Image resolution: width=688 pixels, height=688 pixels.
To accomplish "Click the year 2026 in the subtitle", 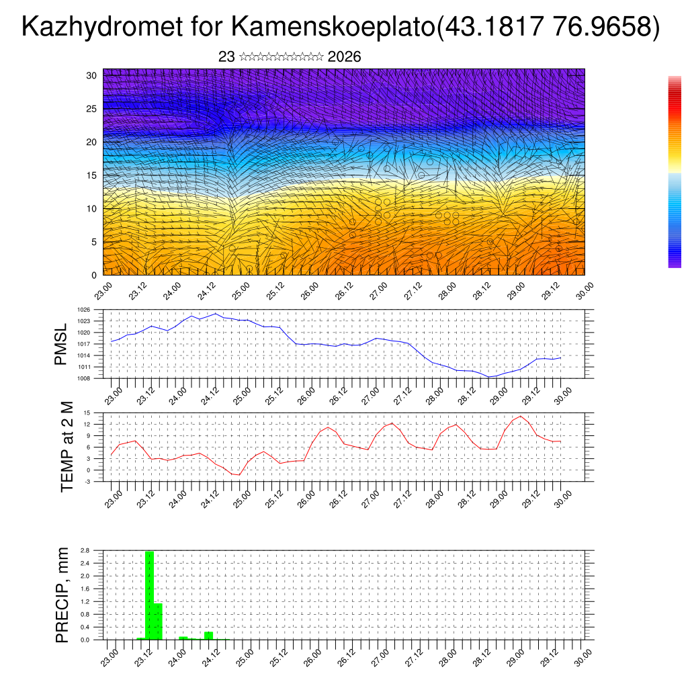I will (x=344, y=57).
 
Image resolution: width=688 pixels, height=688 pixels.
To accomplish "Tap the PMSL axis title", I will (x=61, y=344).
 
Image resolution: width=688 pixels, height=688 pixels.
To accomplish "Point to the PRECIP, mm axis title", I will (x=62, y=595).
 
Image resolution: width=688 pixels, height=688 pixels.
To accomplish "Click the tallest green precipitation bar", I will (x=149, y=595).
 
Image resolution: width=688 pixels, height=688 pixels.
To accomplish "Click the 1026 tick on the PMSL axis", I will (x=83, y=310).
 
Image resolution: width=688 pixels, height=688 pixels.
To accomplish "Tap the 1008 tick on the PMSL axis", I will (x=83, y=378).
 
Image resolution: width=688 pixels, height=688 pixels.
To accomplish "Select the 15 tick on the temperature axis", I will (x=87, y=413).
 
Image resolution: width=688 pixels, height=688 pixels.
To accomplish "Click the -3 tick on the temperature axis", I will (x=87, y=482).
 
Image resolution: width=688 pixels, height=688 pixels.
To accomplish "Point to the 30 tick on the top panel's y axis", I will (x=91, y=75).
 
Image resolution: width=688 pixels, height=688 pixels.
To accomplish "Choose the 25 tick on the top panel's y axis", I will (x=91, y=108).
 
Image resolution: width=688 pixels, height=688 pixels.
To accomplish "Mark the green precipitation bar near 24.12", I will (x=208, y=636).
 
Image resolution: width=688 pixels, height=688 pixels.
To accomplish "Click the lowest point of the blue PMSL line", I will (x=490, y=377).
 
